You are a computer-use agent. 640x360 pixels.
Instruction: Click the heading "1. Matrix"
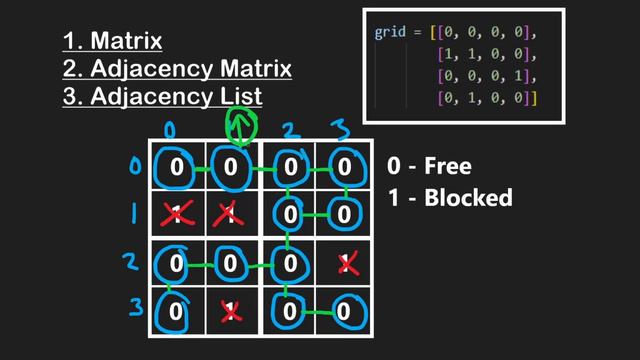[x=112, y=42]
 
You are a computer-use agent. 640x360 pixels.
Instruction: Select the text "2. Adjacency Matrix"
[x=176, y=69]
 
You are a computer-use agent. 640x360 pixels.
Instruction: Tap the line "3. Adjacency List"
[x=162, y=96]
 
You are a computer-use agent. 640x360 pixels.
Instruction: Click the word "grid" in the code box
[x=389, y=33]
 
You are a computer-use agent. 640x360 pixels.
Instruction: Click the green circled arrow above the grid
[x=240, y=127]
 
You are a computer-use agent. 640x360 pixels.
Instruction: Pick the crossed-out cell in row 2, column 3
[x=347, y=264]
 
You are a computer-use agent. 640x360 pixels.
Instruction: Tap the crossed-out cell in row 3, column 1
[x=232, y=311]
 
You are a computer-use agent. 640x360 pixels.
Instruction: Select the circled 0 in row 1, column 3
[x=344, y=214]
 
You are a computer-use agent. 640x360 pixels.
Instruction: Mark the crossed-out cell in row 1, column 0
[x=177, y=214]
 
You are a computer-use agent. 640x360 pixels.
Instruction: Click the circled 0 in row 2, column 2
[x=290, y=265]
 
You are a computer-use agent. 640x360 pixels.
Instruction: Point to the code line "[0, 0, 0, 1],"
[x=486, y=77]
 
